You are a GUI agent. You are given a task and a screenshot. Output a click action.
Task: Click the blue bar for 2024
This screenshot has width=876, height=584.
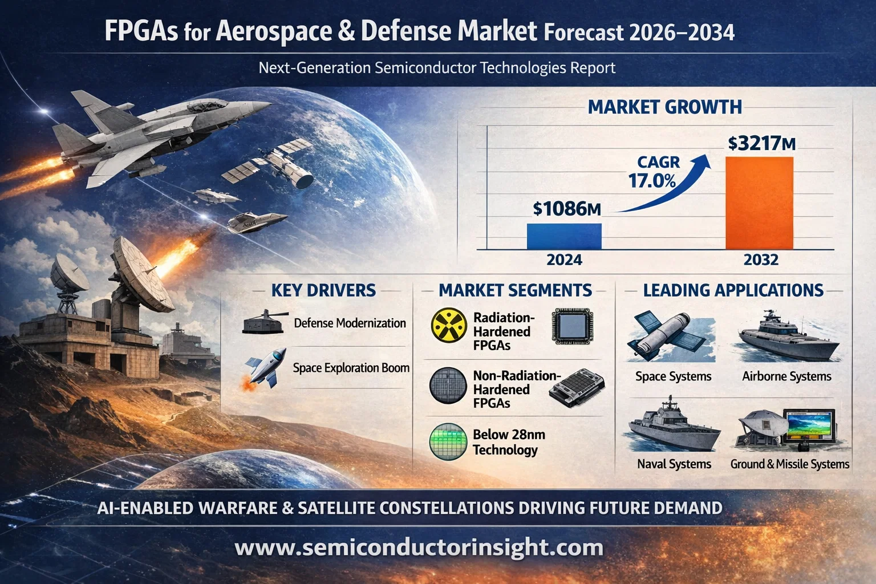[x=564, y=236]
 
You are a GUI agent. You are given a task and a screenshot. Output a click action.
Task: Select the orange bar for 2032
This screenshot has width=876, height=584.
[x=760, y=203]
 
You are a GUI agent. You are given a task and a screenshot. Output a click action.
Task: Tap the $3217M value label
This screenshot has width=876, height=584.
[x=761, y=144]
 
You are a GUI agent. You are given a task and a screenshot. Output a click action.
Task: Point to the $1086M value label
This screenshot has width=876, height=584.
[x=567, y=209]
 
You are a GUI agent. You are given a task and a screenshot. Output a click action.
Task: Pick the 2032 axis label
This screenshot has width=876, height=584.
[x=761, y=259]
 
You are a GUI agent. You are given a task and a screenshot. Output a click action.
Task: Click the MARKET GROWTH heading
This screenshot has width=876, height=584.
[x=664, y=107]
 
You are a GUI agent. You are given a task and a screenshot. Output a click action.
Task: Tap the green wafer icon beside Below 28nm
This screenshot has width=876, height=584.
[x=448, y=441]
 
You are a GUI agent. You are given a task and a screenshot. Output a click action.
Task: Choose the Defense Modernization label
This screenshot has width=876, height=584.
[x=350, y=323]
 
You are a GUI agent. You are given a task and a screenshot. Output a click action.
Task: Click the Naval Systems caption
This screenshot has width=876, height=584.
[x=674, y=464]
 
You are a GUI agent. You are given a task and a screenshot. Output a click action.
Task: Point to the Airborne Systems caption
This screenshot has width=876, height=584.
[x=786, y=376]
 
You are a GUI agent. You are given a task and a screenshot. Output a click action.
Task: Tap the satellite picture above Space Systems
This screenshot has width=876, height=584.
[x=671, y=336]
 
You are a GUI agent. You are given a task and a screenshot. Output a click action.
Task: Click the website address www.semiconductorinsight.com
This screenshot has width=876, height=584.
[x=419, y=547]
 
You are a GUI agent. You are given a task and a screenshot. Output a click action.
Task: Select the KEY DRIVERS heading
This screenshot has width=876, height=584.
[x=323, y=290]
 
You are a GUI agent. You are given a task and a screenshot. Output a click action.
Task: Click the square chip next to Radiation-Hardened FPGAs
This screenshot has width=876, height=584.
[x=572, y=326]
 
